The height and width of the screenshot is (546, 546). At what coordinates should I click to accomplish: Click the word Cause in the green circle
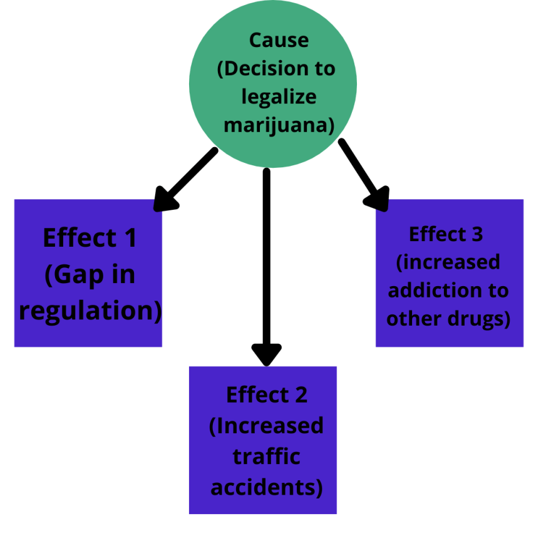click(x=279, y=40)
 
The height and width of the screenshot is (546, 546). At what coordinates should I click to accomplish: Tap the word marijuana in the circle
click(x=276, y=125)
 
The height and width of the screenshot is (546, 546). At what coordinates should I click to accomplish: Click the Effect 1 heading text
click(x=90, y=239)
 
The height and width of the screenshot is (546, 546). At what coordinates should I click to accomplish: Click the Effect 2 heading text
click(x=267, y=395)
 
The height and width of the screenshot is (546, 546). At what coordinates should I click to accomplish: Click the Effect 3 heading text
click(x=446, y=234)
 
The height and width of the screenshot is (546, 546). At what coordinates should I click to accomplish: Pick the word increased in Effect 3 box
click(x=451, y=262)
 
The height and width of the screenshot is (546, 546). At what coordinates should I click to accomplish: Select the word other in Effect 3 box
click(x=410, y=318)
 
